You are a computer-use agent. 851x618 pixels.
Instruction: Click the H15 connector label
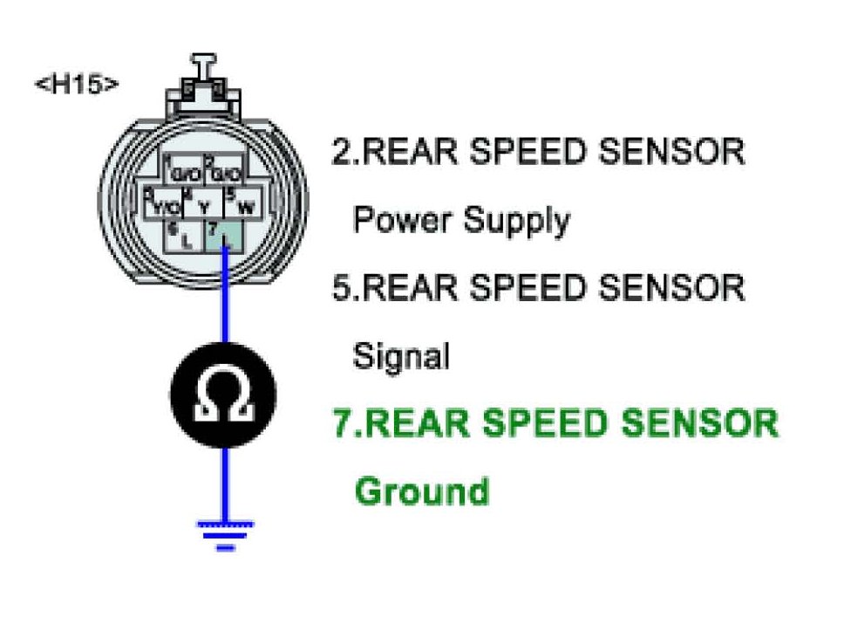coord(76,85)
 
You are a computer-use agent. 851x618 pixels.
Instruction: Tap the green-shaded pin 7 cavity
coord(224,233)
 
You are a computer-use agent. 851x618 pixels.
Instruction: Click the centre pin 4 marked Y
coord(202,203)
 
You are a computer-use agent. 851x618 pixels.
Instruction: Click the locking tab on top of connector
coord(204,74)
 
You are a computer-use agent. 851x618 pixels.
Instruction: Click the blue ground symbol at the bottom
coord(225,532)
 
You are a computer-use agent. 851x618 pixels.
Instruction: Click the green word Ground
coord(421,491)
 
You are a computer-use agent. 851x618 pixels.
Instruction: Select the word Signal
coord(401,356)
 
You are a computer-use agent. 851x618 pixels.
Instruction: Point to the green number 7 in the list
coord(344,424)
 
